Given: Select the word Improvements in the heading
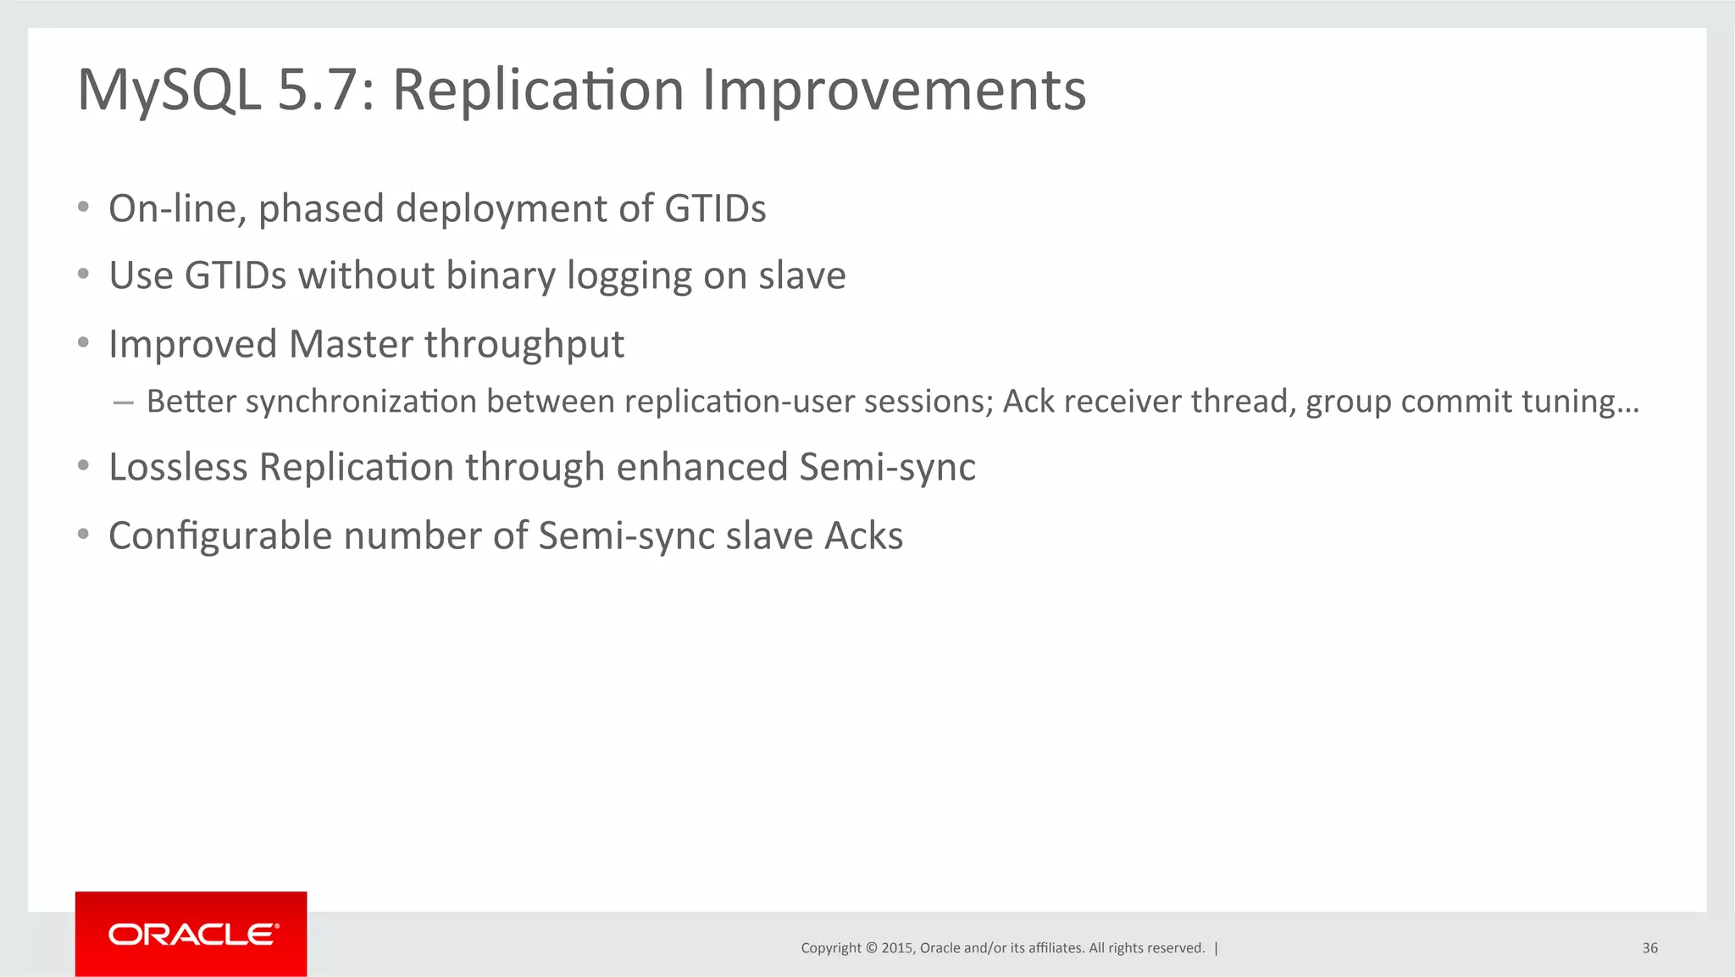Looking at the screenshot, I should coord(894,90).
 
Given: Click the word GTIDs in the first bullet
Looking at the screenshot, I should coord(715,208).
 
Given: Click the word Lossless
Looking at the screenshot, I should coord(178,467).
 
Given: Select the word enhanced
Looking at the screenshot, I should coord(702,467).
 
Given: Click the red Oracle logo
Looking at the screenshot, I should coord(191,934).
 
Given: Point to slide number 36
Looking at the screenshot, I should coord(1649,948).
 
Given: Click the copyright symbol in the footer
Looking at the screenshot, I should coord(871,948).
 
